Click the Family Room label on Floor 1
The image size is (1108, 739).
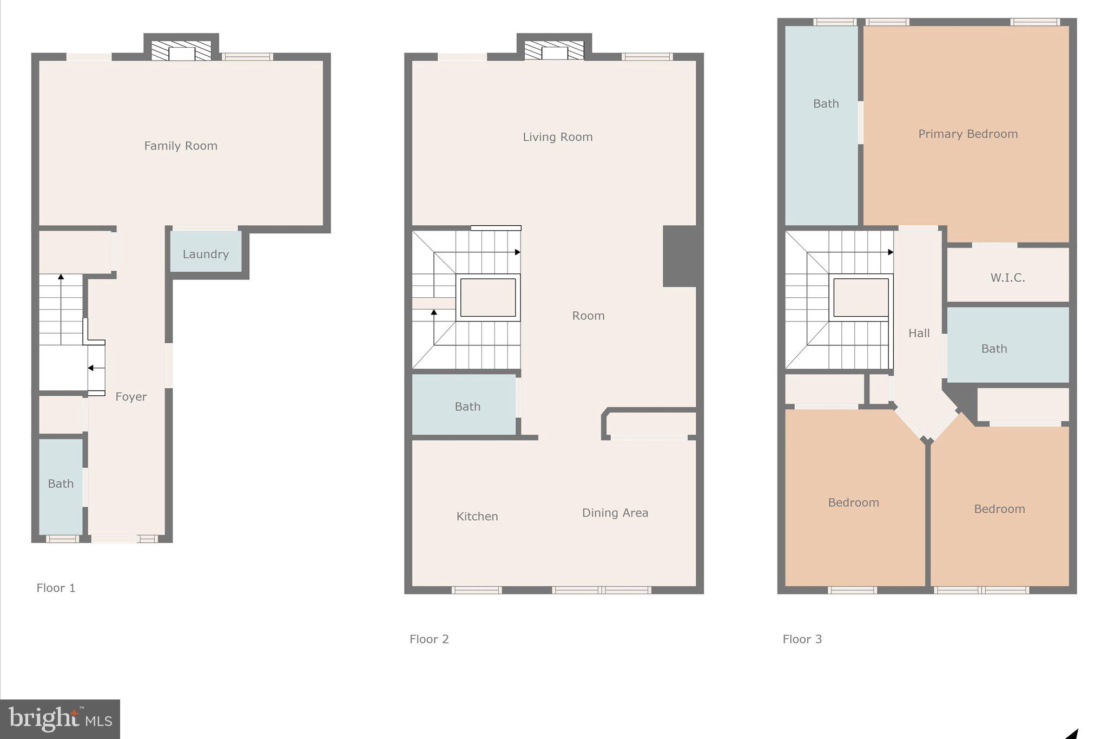click(x=181, y=146)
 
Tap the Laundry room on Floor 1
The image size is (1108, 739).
click(x=206, y=254)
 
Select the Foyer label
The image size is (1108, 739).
click(x=131, y=397)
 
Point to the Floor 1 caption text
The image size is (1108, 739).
click(x=56, y=588)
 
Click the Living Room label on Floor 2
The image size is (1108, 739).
click(x=557, y=137)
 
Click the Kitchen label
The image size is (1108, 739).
click(x=477, y=516)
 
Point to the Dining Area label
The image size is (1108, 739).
click(x=615, y=513)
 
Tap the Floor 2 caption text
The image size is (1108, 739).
click(x=429, y=639)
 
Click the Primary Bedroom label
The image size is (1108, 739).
click(x=968, y=134)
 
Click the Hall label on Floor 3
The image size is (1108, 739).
click(x=919, y=333)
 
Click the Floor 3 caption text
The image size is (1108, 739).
click(x=802, y=639)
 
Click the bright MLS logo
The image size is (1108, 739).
click(x=60, y=719)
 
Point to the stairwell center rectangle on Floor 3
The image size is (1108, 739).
click(x=861, y=298)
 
